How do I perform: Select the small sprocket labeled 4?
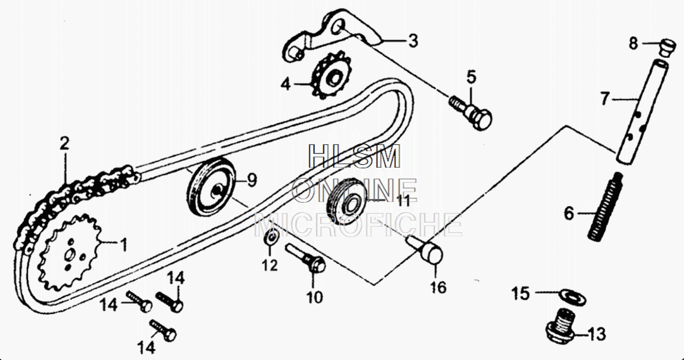click(330, 77)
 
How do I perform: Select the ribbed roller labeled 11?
click(347, 203)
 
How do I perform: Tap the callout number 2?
click(64, 144)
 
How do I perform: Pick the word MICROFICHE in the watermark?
click(357, 225)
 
